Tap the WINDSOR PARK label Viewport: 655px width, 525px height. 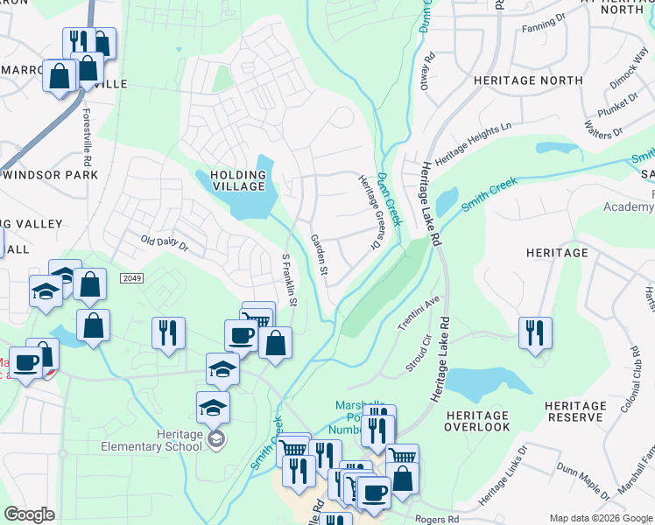[x=50, y=174]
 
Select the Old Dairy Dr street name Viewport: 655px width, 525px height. [x=166, y=241]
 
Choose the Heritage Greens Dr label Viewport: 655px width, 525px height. [x=370, y=211]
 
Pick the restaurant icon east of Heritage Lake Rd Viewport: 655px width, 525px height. [x=534, y=333]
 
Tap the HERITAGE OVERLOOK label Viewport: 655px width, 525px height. [x=476, y=421]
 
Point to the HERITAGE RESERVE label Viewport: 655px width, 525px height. [x=574, y=412]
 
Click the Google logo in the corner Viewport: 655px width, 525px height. [x=29, y=514]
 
